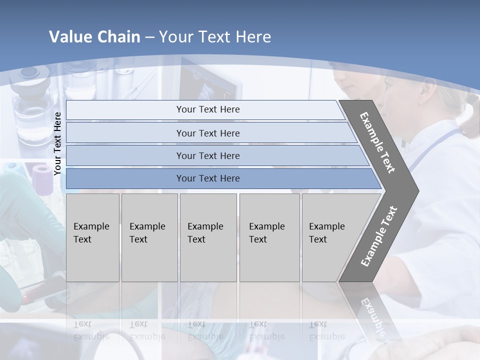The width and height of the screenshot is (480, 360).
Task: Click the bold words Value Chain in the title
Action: (94, 37)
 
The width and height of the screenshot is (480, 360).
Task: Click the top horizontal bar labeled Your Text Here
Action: (207, 109)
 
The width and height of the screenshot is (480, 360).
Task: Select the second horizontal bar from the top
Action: (207, 133)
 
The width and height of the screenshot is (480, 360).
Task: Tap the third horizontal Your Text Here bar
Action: (207, 155)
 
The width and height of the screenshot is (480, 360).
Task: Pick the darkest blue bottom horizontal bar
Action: (207, 178)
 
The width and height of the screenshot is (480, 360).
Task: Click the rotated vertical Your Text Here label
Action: (58, 144)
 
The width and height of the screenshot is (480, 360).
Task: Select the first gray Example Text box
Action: (92, 237)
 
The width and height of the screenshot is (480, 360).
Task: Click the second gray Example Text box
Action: (149, 237)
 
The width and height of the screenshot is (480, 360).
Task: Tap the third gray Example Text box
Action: (207, 237)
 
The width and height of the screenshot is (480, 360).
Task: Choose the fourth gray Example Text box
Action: (269, 237)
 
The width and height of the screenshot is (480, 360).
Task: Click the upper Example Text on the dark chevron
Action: (377, 142)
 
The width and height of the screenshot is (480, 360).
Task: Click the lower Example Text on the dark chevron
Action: (378, 236)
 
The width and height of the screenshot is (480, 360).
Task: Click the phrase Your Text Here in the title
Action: (215, 37)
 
